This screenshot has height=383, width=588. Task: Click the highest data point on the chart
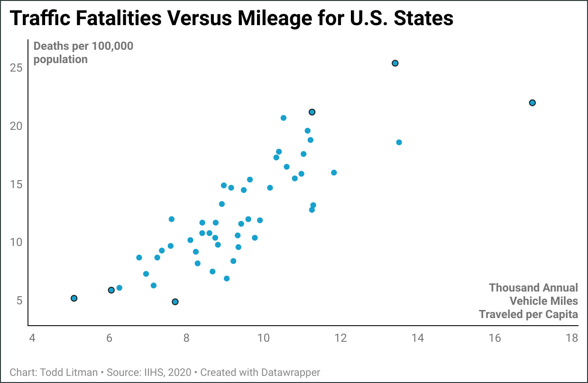click(x=395, y=63)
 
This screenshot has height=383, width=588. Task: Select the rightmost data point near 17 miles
click(x=532, y=103)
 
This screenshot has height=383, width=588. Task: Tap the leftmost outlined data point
click(x=74, y=298)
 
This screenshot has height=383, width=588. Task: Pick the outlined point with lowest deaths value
click(x=175, y=302)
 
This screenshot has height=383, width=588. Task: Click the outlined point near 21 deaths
click(x=312, y=112)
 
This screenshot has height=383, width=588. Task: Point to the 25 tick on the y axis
click(x=17, y=68)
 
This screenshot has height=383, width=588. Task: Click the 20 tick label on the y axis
click(x=17, y=126)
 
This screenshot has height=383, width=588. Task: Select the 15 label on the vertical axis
click(x=17, y=184)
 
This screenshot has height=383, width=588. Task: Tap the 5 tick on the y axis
click(x=19, y=301)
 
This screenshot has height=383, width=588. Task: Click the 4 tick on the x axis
click(x=32, y=338)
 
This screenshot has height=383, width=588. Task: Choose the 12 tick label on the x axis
click(x=340, y=338)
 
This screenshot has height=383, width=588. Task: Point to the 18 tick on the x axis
click(x=572, y=338)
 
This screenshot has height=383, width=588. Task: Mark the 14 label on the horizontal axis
click(x=417, y=338)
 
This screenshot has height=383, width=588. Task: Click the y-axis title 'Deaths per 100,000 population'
click(x=83, y=53)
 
